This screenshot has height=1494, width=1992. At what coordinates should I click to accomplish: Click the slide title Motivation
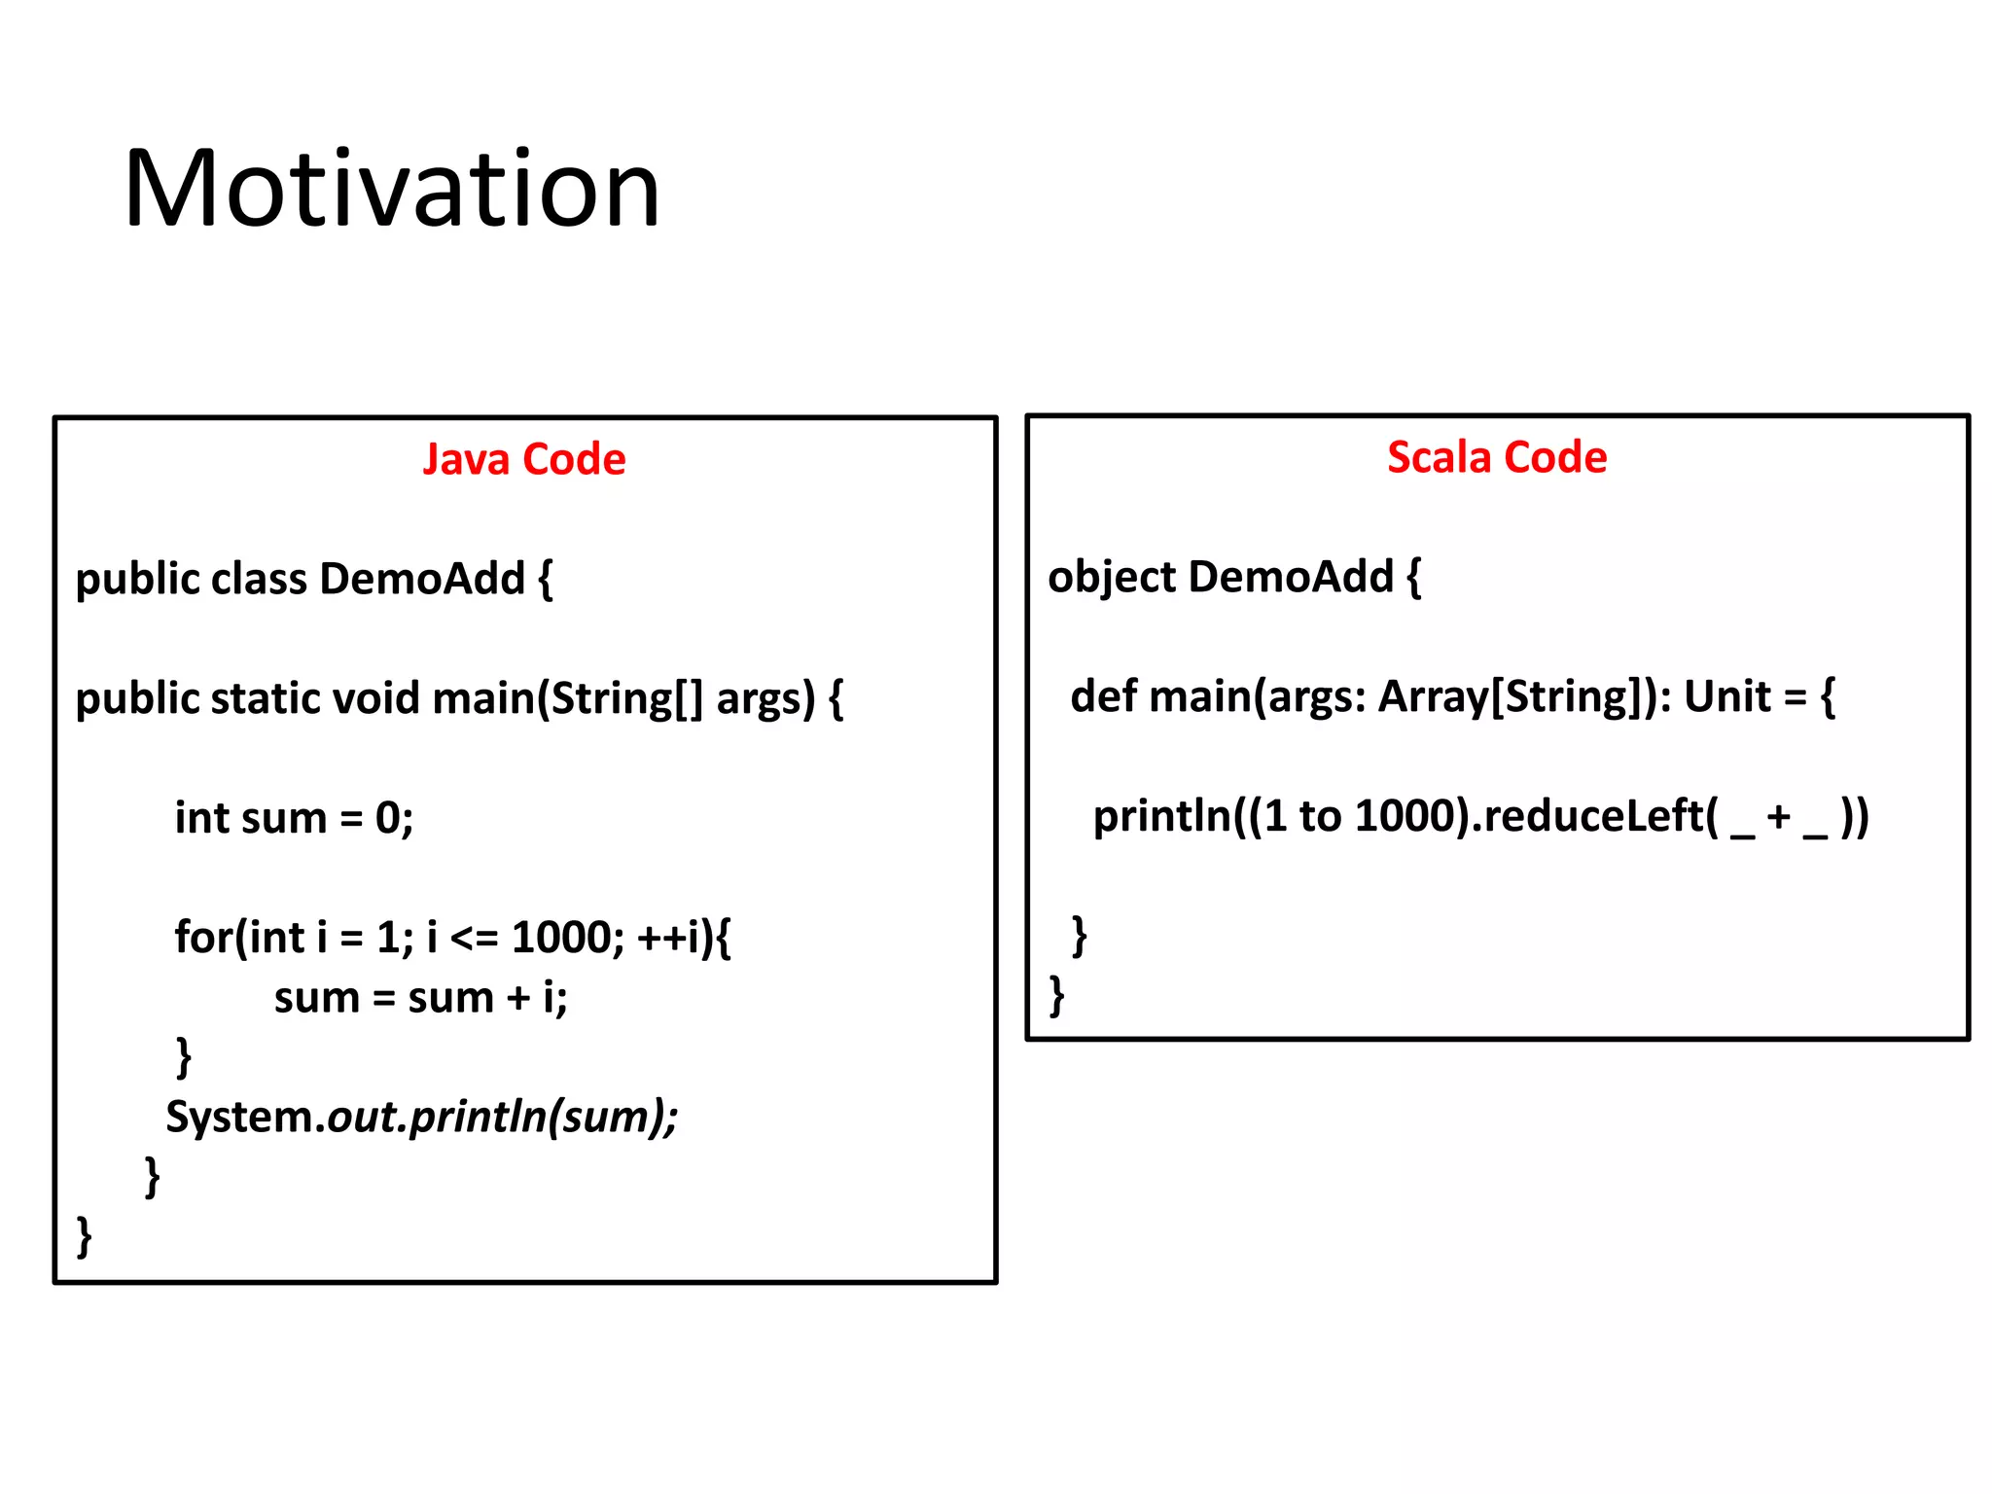(x=391, y=189)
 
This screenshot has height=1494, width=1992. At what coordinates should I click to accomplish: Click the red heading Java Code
(x=523, y=459)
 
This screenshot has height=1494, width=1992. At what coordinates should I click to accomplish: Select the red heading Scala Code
(x=1496, y=457)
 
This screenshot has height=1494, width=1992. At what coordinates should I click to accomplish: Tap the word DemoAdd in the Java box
(x=422, y=579)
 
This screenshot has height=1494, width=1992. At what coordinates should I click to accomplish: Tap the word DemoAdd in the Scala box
(x=1291, y=577)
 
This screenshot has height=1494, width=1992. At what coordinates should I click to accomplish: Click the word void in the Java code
(x=375, y=698)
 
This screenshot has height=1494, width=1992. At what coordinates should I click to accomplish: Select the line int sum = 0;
(x=294, y=818)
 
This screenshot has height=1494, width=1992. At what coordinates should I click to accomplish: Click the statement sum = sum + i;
(x=420, y=998)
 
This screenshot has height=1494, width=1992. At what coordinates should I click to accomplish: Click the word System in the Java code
(x=239, y=1117)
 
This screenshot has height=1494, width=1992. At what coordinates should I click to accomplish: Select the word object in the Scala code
(x=1111, y=578)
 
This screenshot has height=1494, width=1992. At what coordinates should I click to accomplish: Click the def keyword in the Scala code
(x=1103, y=696)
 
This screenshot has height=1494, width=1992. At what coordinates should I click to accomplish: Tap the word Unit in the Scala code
(x=1727, y=696)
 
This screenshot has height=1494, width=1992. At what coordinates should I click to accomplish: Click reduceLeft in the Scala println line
(x=1593, y=816)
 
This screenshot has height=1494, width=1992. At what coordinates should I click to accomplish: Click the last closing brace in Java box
(x=85, y=1237)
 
